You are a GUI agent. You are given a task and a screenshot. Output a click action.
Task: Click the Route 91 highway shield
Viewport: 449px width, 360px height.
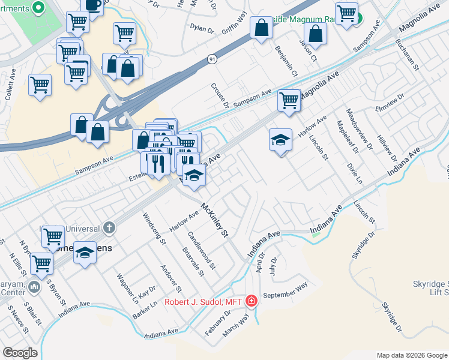(212, 59)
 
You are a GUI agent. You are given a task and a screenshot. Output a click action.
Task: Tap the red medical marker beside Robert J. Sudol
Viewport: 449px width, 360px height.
(252, 301)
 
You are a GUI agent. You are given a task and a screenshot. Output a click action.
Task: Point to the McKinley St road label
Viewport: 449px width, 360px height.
(214, 220)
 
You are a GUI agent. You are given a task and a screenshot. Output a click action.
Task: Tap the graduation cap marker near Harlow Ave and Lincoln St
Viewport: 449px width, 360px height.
(280, 141)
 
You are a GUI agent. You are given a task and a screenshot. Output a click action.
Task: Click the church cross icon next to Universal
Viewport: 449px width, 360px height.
(109, 227)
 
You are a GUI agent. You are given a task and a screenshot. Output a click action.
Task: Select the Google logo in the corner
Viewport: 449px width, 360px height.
(20, 352)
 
